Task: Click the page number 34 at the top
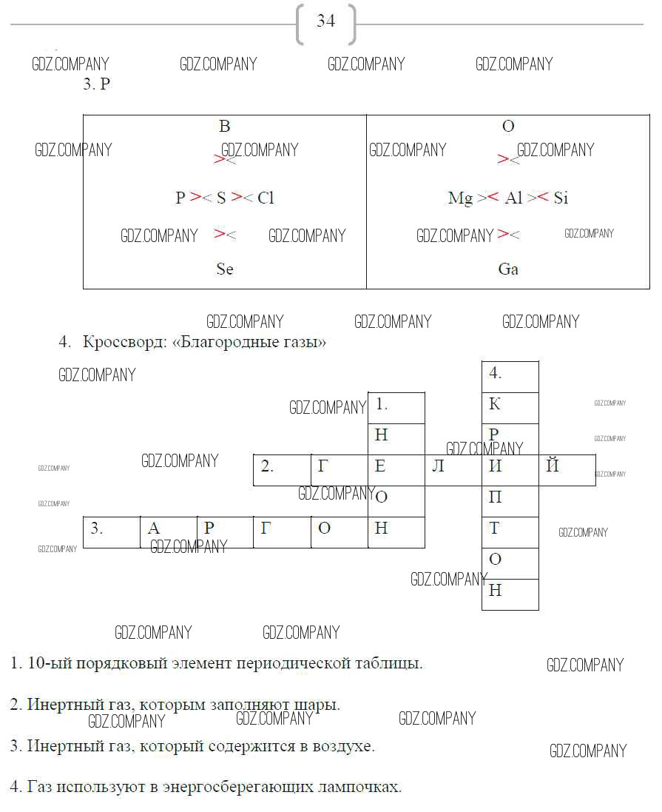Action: [325, 21]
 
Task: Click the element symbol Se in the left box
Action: [225, 269]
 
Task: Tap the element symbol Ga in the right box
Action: [508, 269]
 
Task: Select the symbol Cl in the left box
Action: [266, 198]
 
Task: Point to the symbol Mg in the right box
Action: [460, 198]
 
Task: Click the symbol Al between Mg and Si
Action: [513, 198]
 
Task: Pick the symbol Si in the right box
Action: [561, 198]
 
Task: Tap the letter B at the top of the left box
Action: [225, 127]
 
